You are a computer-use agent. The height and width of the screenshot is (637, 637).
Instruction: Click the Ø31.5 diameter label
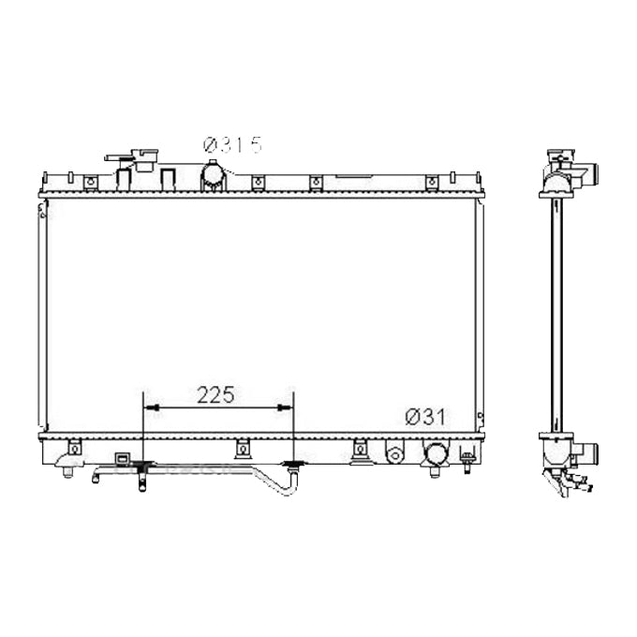[x=232, y=144]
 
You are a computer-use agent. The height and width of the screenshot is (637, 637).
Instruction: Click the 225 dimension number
[x=217, y=393]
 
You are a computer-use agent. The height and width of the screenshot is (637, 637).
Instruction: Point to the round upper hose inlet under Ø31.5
[x=215, y=174]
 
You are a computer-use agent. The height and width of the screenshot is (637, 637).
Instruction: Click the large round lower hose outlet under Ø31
[x=436, y=454]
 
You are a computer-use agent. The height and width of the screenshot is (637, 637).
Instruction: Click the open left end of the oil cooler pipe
[x=95, y=480]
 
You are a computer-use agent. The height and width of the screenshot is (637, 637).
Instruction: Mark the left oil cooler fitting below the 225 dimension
[x=142, y=467]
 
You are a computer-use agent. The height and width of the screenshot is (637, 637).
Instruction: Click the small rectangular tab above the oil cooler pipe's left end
[x=121, y=459]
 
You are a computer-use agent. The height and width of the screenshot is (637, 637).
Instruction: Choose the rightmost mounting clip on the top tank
[x=432, y=182]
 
